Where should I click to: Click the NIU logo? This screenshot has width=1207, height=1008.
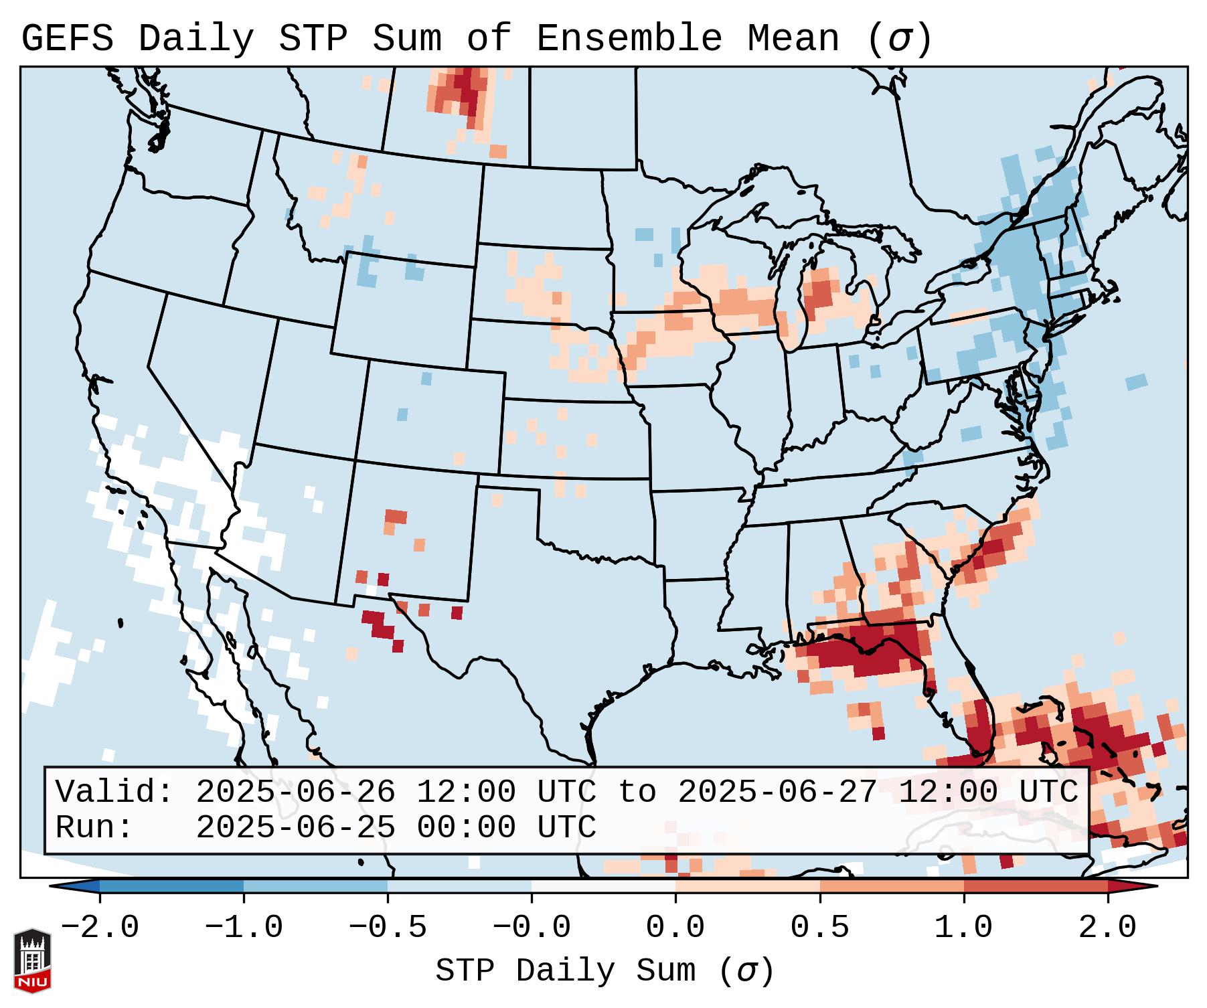click(32, 960)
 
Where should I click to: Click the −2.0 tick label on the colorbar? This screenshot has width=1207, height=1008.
click(100, 928)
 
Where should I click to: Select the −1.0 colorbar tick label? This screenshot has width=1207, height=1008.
click(244, 928)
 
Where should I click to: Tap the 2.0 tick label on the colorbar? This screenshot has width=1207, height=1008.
click(1108, 928)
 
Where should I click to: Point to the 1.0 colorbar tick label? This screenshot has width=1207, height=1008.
click(964, 928)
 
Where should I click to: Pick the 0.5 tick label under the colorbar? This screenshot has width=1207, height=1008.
click(820, 928)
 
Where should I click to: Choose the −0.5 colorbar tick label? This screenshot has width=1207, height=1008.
click(388, 928)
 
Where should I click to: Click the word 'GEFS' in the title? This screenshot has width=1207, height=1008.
click(68, 39)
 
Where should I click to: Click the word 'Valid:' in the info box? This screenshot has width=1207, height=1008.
click(114, 792)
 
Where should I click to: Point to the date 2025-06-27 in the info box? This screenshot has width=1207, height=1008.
click(777, 792)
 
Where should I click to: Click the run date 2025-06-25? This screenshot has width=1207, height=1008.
click(295, 827)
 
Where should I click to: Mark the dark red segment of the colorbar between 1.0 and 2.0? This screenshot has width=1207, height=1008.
click(1036, 886)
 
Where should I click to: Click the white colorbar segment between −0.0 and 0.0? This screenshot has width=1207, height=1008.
click(603, 886)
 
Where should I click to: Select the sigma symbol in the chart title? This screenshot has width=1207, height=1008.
click(899, 39)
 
